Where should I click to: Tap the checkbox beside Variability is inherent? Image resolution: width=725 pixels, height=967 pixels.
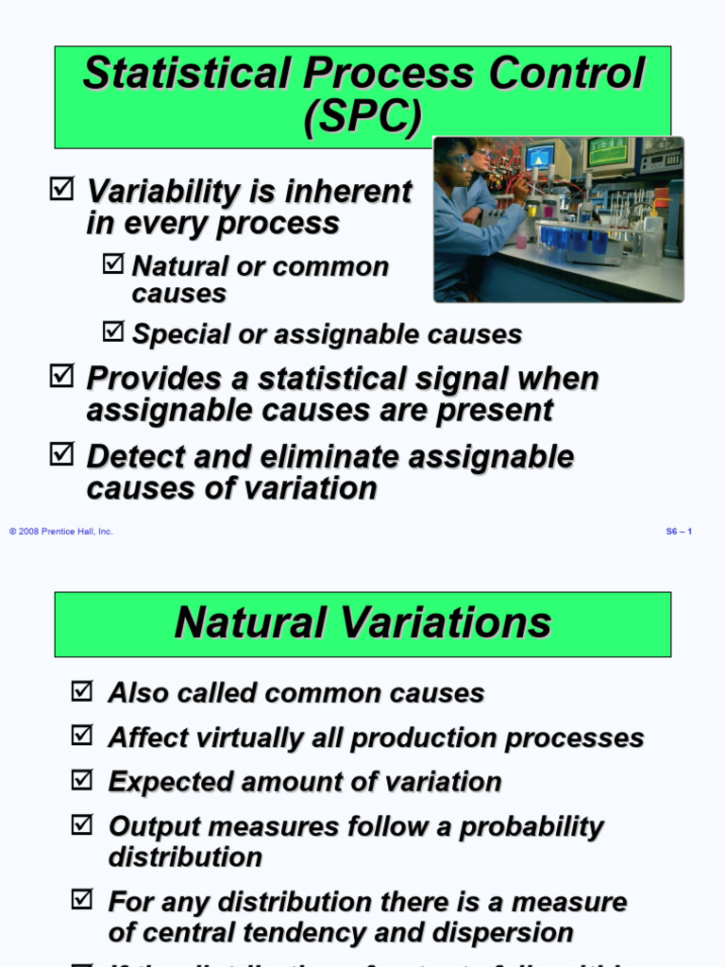[60, 190]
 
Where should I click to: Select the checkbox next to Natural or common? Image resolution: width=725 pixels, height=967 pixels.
[112, 264]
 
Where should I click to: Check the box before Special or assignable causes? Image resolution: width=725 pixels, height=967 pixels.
[112, 331]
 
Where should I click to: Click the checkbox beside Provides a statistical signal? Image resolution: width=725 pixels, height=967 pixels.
[60, 377]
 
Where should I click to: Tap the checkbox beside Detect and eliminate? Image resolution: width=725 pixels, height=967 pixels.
[60, 455]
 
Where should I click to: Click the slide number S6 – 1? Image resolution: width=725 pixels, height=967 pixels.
[679, 532]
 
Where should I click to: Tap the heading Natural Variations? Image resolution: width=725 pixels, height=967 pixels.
[362, 623]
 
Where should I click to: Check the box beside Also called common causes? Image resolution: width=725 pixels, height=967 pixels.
[82, 691]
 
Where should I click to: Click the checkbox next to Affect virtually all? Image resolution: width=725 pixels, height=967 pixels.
[82, 736]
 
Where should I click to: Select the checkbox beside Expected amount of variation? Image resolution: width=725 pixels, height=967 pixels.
[82, 780]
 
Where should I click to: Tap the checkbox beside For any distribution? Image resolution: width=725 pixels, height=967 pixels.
[82, 901]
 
